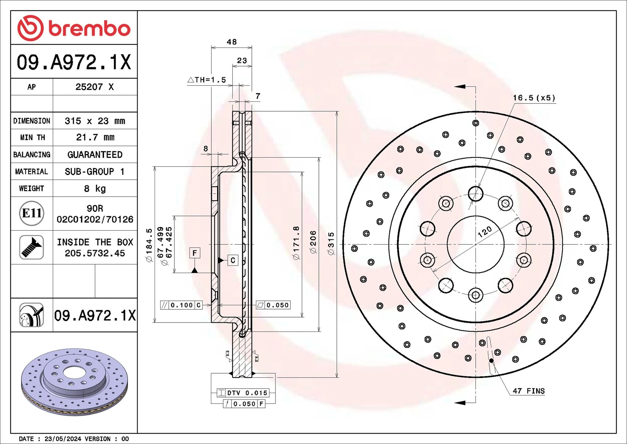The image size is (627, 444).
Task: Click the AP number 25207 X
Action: coord(94,87)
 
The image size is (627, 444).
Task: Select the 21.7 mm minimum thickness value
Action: coord(95,137)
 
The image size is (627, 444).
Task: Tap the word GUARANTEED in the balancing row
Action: coord(95,155)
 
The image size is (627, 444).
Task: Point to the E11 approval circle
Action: coord(31,213)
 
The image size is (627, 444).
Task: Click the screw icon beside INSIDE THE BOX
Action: coord(31,247)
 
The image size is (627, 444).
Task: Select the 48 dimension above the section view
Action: coord(232,42)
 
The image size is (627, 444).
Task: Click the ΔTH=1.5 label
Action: coord(207,80)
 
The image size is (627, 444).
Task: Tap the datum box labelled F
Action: coord(195,253)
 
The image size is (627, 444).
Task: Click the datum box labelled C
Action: coord(233,260)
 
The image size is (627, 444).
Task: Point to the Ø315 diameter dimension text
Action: coord(331,244)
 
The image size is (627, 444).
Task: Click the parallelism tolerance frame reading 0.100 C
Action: coord(182,305)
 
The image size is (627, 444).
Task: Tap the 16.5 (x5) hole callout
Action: coord(534,98)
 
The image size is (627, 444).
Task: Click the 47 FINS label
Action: coord(528,391)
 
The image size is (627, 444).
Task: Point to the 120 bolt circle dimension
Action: coord(485,232)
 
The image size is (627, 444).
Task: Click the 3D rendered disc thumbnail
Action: coord(74,381)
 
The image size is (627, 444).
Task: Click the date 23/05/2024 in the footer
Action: coord(63,439)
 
